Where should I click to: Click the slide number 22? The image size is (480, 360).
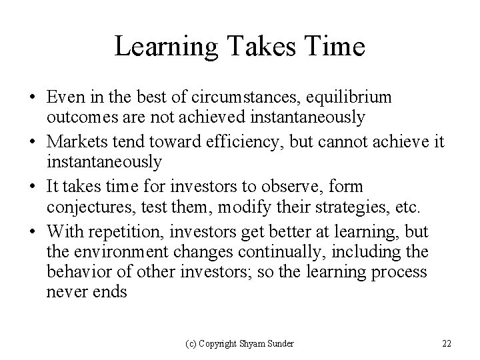tap(446, 343)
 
